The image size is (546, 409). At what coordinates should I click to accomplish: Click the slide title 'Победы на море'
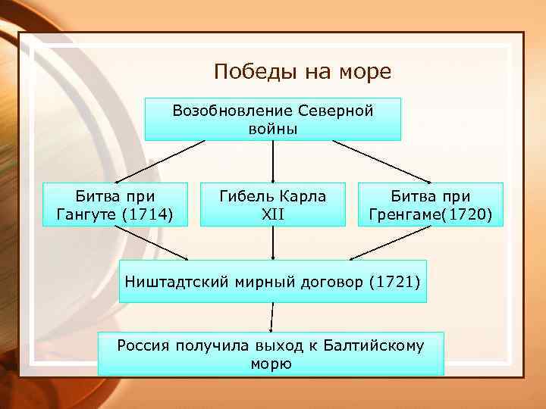coord(302,72)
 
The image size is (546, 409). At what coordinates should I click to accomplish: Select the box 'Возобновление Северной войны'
coord(273,119)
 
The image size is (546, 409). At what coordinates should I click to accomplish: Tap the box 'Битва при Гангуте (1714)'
coord(115,205)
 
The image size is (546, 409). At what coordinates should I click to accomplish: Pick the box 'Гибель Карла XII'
coord(272,204)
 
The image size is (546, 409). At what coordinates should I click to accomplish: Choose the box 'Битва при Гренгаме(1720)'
coord(430,205)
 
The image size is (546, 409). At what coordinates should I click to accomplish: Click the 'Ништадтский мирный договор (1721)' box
coord(272,281)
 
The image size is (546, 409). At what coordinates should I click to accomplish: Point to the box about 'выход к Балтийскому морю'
coord(271,354)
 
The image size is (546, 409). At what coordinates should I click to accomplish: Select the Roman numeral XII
coord(272,214)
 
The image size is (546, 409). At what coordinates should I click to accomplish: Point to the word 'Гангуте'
coord(86,214)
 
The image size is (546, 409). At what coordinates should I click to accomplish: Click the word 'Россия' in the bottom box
coord(144,346)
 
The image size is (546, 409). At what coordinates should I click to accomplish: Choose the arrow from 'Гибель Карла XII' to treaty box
coord(272,243)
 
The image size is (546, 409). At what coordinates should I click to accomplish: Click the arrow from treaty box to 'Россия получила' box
coord(271,317)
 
